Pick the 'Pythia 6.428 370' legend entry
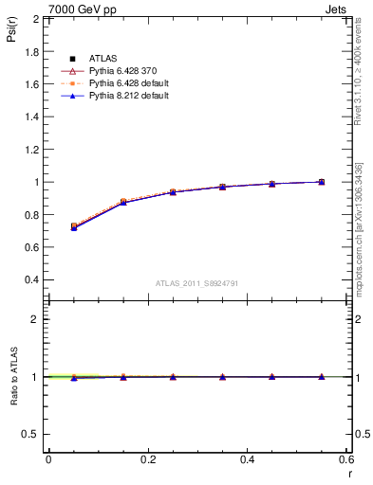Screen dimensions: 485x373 (120, 72)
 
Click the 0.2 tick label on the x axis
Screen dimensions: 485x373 (147, 459)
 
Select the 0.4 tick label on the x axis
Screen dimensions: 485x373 (247, 459)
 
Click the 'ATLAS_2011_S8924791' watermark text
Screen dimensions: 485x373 (196, 282)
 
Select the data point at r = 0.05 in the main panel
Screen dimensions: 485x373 (73, 227)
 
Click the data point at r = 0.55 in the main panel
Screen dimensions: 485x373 (322, 182)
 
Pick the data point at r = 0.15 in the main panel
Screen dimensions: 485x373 (123, 202)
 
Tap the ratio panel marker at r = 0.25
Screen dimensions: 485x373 (173, 377)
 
